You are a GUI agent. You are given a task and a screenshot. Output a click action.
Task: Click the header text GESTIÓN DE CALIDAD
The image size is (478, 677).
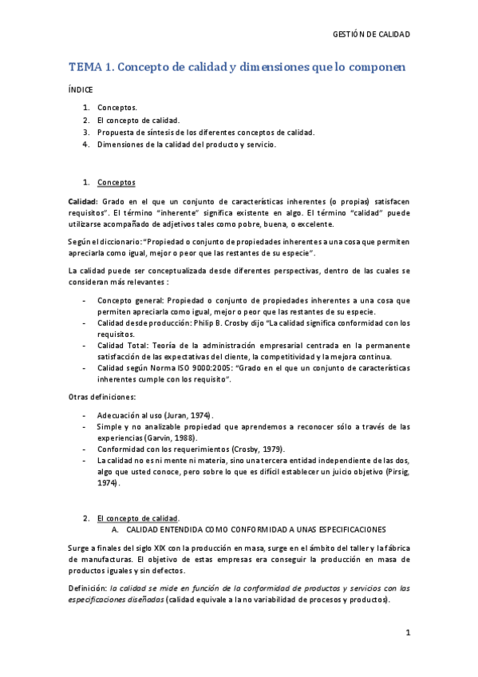click(x=370, y=34)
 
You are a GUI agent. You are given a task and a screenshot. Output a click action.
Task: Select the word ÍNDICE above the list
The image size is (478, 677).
click(x=81, y=90)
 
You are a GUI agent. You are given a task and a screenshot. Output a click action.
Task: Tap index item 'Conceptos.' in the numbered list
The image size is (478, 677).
click(x=117, y=107)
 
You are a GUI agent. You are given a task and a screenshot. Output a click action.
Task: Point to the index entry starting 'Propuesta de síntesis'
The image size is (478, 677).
click(x=206, y=133)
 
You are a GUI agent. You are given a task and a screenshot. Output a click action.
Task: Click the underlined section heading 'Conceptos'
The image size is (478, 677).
click(x=116, y=182)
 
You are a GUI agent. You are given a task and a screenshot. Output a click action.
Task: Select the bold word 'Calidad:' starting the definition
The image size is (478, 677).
click(x=82, y=202)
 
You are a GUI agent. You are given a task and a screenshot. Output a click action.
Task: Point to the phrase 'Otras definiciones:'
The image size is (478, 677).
click(x=102, y=397)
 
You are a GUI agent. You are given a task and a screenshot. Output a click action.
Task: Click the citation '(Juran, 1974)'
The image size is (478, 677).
click(x=188, y=415)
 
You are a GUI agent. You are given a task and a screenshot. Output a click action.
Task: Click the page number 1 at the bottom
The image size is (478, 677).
click(x=407, y=633)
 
